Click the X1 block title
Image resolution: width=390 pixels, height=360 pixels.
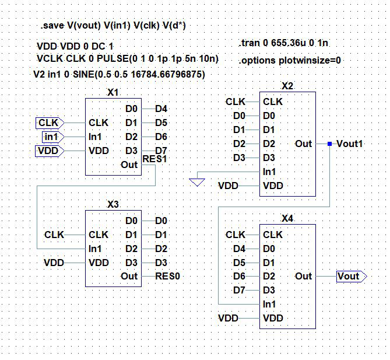pyautogui.click(x=113, y=93)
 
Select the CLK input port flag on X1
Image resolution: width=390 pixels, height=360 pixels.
pyautogui.click(x=49, y=123)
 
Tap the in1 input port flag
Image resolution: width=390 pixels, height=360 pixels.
pyautogui.click(x=52, y=137)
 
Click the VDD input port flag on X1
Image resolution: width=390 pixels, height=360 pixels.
pyautogui.click(x=49, y=151)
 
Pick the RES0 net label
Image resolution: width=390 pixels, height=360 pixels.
pyautogui.click(x=168, y=277)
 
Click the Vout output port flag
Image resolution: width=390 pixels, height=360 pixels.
pyautogui.click(x=349, y=277)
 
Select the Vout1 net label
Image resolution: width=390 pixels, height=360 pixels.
pyautogui.click(x=350, y=144)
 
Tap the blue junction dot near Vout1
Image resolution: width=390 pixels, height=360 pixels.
pyautogui.click(x=330, y=144)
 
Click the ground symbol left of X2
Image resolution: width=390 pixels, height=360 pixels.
pyautogui.click(x=197, y=182)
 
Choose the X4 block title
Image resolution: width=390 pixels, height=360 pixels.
pyautogui.click(x=287, y=219)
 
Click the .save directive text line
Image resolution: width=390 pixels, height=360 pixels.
pyautogui.click(x=113, y=26)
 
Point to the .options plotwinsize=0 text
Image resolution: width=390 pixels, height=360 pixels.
pyautogui.click(x=290, y=60)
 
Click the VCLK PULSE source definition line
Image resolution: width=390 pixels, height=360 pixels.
pyautogui.click(x=127, y=58)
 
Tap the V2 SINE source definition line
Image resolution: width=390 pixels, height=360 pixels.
pyautogui.click(x=120, y=75)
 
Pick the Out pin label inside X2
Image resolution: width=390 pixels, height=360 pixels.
pyautogui.click(x=303, y=144)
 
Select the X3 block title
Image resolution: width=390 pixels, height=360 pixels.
pyautogui.click(x=113, y=205)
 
